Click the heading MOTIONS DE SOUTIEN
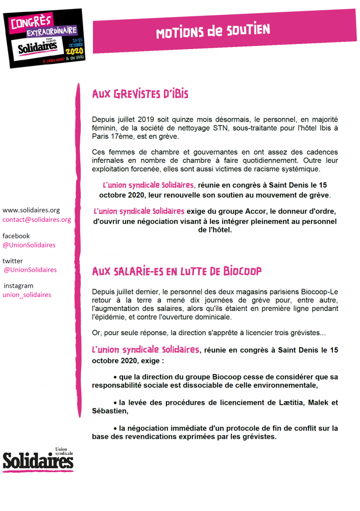pyautogui.click(x=213, y=31)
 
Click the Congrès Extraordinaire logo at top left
pyautogui.click(x=44, y=38)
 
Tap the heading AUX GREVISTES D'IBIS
pyautogui.click(x=140, y=95)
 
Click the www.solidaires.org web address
pyautogui.click(x=31, y=210)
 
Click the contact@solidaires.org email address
pyautogui.click(x=37, y=220)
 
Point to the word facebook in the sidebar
pyautogui.click(x=16, y=236)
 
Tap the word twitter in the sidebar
pyautogui.click(x=13, y=261)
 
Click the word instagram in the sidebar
pyautogui.click(x=18, y=286)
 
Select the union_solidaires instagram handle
pyautogui.click(x=27, y=295)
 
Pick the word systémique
pyautogui.click(x=301, y=169)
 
